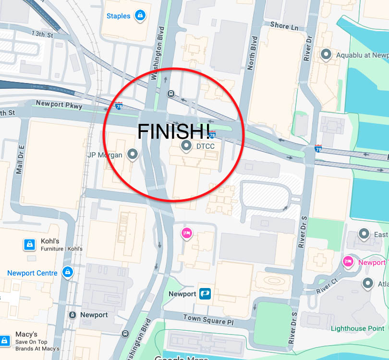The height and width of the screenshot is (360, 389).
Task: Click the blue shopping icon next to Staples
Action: pyautogui.click(x=140, y=16)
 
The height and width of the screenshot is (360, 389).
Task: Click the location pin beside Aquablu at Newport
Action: pyautogui.click(x=327, y=55)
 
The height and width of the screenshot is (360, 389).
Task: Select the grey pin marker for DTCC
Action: pyautogui.click(x=186, y=145)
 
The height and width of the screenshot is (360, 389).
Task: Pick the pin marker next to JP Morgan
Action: pyautogui.click(x=132, y=154)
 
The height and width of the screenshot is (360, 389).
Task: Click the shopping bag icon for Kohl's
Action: pyautogui.click(x=30, y=245)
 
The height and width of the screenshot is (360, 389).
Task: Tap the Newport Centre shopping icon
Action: pyautogui.click(x=67, y=273)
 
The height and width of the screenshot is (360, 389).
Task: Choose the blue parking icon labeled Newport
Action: pyautogui.click(x=206, y=293)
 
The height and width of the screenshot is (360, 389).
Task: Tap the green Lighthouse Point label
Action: pyautogui.click(x=357, y=328)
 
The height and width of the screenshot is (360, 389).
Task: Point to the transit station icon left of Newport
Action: pyautogui.click(x=72, y=315)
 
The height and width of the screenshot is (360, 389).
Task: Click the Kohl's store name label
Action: pyautogui.click(x=50, y=241)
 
